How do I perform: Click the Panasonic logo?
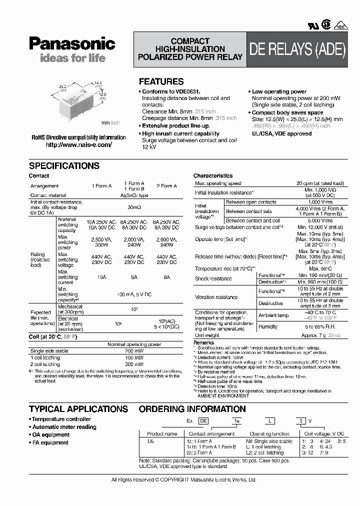[72, 44]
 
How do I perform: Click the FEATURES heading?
[161, 81]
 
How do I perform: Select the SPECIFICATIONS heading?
[64, 166]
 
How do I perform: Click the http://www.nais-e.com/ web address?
[79, 145]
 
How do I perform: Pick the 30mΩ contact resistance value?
[134, 206]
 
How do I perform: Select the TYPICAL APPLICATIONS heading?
[78, 409]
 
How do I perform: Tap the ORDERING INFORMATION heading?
[193, 409]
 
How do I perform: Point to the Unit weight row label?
[207, 335]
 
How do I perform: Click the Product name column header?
[161, 434]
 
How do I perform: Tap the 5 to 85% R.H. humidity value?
[320, 327]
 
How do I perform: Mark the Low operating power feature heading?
[279, 91]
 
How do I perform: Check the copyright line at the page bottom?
[183, 480]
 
